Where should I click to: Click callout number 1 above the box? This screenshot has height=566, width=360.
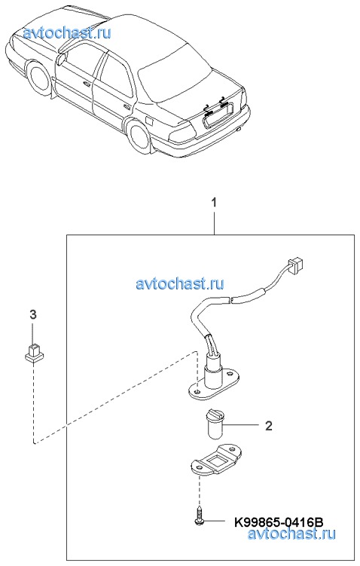click(214, 203)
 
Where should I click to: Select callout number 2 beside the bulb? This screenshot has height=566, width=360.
click(268, 426)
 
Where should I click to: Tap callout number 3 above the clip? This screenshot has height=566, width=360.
click(33, 315)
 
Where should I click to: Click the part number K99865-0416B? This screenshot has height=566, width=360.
click(279, 522)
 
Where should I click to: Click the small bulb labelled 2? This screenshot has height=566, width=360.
click(215, 424)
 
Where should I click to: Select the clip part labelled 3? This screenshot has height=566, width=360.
click(34, 353)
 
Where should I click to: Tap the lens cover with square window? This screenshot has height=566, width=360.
click(215, 459)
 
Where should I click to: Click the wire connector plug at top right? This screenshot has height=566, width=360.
click(294, 265)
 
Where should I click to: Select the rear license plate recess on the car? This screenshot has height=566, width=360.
click(218, 115)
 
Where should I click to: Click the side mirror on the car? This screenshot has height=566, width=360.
click(60, 58)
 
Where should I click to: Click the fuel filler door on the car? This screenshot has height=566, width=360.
click(149, 119)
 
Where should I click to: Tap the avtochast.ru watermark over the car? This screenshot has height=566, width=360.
click(67, 33)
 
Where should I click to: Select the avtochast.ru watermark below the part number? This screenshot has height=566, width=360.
click(291, 534)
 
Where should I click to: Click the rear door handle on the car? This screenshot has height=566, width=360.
click(127, 107)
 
